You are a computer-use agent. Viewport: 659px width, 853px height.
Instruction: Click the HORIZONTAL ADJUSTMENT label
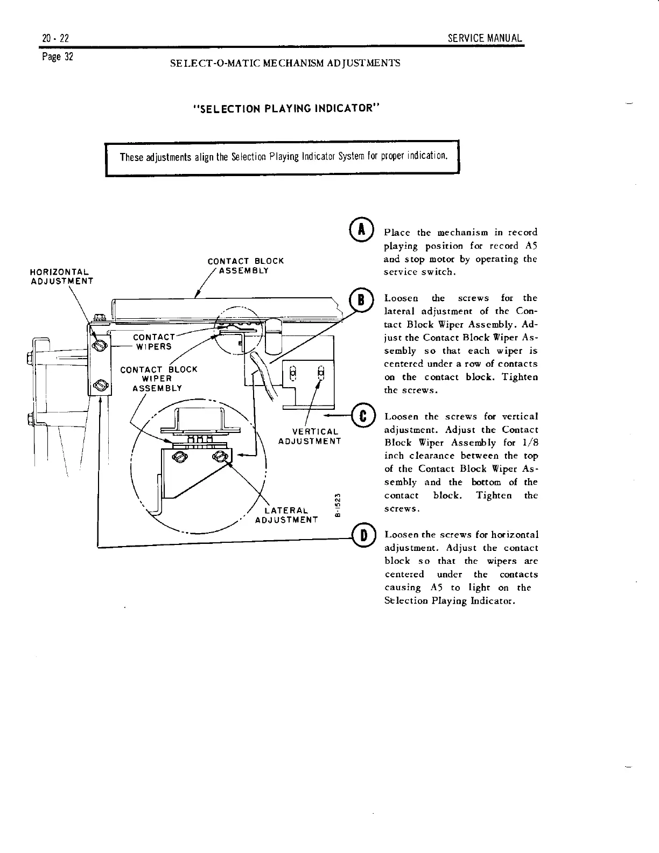[62, 276]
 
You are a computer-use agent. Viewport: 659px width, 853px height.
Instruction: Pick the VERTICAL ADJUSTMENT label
[310, 436]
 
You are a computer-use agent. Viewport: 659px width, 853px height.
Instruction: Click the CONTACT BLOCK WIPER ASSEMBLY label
[158, 379]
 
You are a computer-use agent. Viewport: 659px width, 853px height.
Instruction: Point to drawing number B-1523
[338, 506]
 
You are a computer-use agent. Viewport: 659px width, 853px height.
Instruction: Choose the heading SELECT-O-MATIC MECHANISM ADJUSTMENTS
[285, 63]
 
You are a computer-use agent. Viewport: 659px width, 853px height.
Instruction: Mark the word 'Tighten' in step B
[520, 377]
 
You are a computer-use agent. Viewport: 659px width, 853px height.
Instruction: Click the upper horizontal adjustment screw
[99, 345]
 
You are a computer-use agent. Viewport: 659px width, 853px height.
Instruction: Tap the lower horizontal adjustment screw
[99, 385]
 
